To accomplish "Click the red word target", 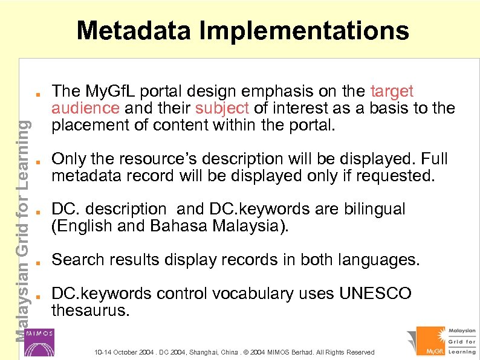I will (x=391, y=92).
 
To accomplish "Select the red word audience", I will (x=85, y=109).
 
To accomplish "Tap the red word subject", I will (x=222, y=109).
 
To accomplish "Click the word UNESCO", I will (x=375, y=294).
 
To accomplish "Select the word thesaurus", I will (x=90, y=311).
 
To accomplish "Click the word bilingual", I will (x=374, y=210).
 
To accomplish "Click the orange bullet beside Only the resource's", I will (x=37, y=162).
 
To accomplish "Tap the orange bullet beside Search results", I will (x=37, y=263).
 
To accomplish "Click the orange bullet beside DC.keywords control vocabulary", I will (x=37, y=297).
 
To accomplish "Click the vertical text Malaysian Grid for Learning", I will (x=21, y=230).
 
